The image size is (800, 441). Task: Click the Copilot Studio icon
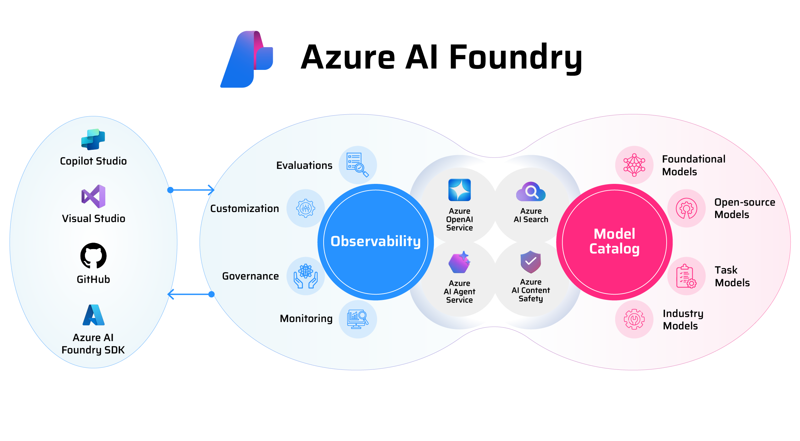[93, 139]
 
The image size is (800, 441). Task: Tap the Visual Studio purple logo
[94, 196]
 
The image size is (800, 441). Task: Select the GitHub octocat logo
[93, 256]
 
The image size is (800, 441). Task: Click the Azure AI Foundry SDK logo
[93, 315]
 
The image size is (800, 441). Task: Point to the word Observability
[375, 241]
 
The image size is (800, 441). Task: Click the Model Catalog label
[614, 241]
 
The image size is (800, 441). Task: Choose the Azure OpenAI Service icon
[459, 190]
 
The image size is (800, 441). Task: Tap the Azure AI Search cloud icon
[531, 192]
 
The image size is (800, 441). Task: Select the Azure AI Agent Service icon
[459, 262]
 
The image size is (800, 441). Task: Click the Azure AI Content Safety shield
[531, 262]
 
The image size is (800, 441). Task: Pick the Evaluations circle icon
[358, 165]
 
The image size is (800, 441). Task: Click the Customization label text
[244, 209]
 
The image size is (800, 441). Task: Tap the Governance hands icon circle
[306, 276]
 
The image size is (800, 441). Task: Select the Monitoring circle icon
[358, 319]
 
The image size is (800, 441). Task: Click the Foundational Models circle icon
[634, 165]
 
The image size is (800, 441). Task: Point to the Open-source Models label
[745, 208]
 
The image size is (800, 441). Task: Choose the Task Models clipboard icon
[686, 276]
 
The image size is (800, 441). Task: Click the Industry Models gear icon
[634, 319]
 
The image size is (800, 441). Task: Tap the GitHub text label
[93, 279]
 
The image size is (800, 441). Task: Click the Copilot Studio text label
[93, 161]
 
